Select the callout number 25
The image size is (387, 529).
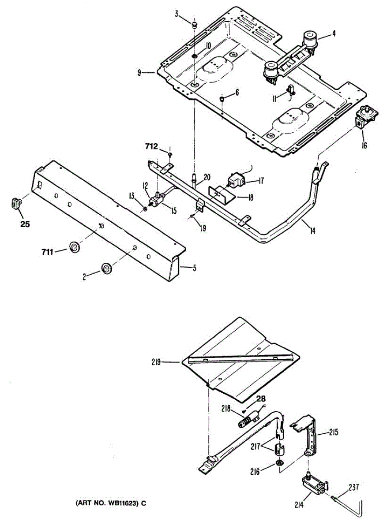(25, 224)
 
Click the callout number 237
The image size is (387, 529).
(354, 488)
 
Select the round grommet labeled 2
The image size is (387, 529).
(106, 267)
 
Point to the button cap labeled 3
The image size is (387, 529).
(194, 23)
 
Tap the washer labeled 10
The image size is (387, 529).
(195, 57)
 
